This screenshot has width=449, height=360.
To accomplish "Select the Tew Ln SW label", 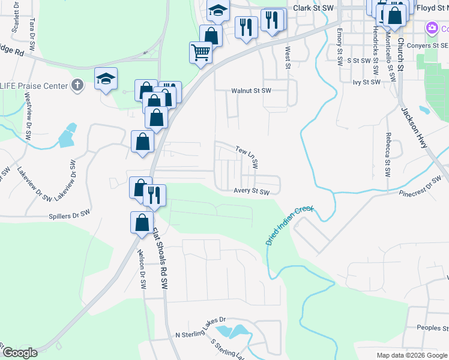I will (247, 156).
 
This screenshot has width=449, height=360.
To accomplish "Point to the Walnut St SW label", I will (252, 91).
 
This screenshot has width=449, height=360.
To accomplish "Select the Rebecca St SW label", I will (388, 155).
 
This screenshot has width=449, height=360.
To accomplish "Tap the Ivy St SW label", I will (367, 82).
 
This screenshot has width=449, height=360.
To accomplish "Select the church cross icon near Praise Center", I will (76, 85).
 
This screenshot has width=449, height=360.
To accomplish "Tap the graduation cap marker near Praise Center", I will (106, 79).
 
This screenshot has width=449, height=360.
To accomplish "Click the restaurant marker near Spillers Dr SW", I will (154, 194).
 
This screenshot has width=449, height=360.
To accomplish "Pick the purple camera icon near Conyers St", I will (432, 28).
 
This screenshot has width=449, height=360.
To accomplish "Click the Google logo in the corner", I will (20, 353).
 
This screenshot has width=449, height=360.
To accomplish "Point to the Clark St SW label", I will (313, 8).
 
